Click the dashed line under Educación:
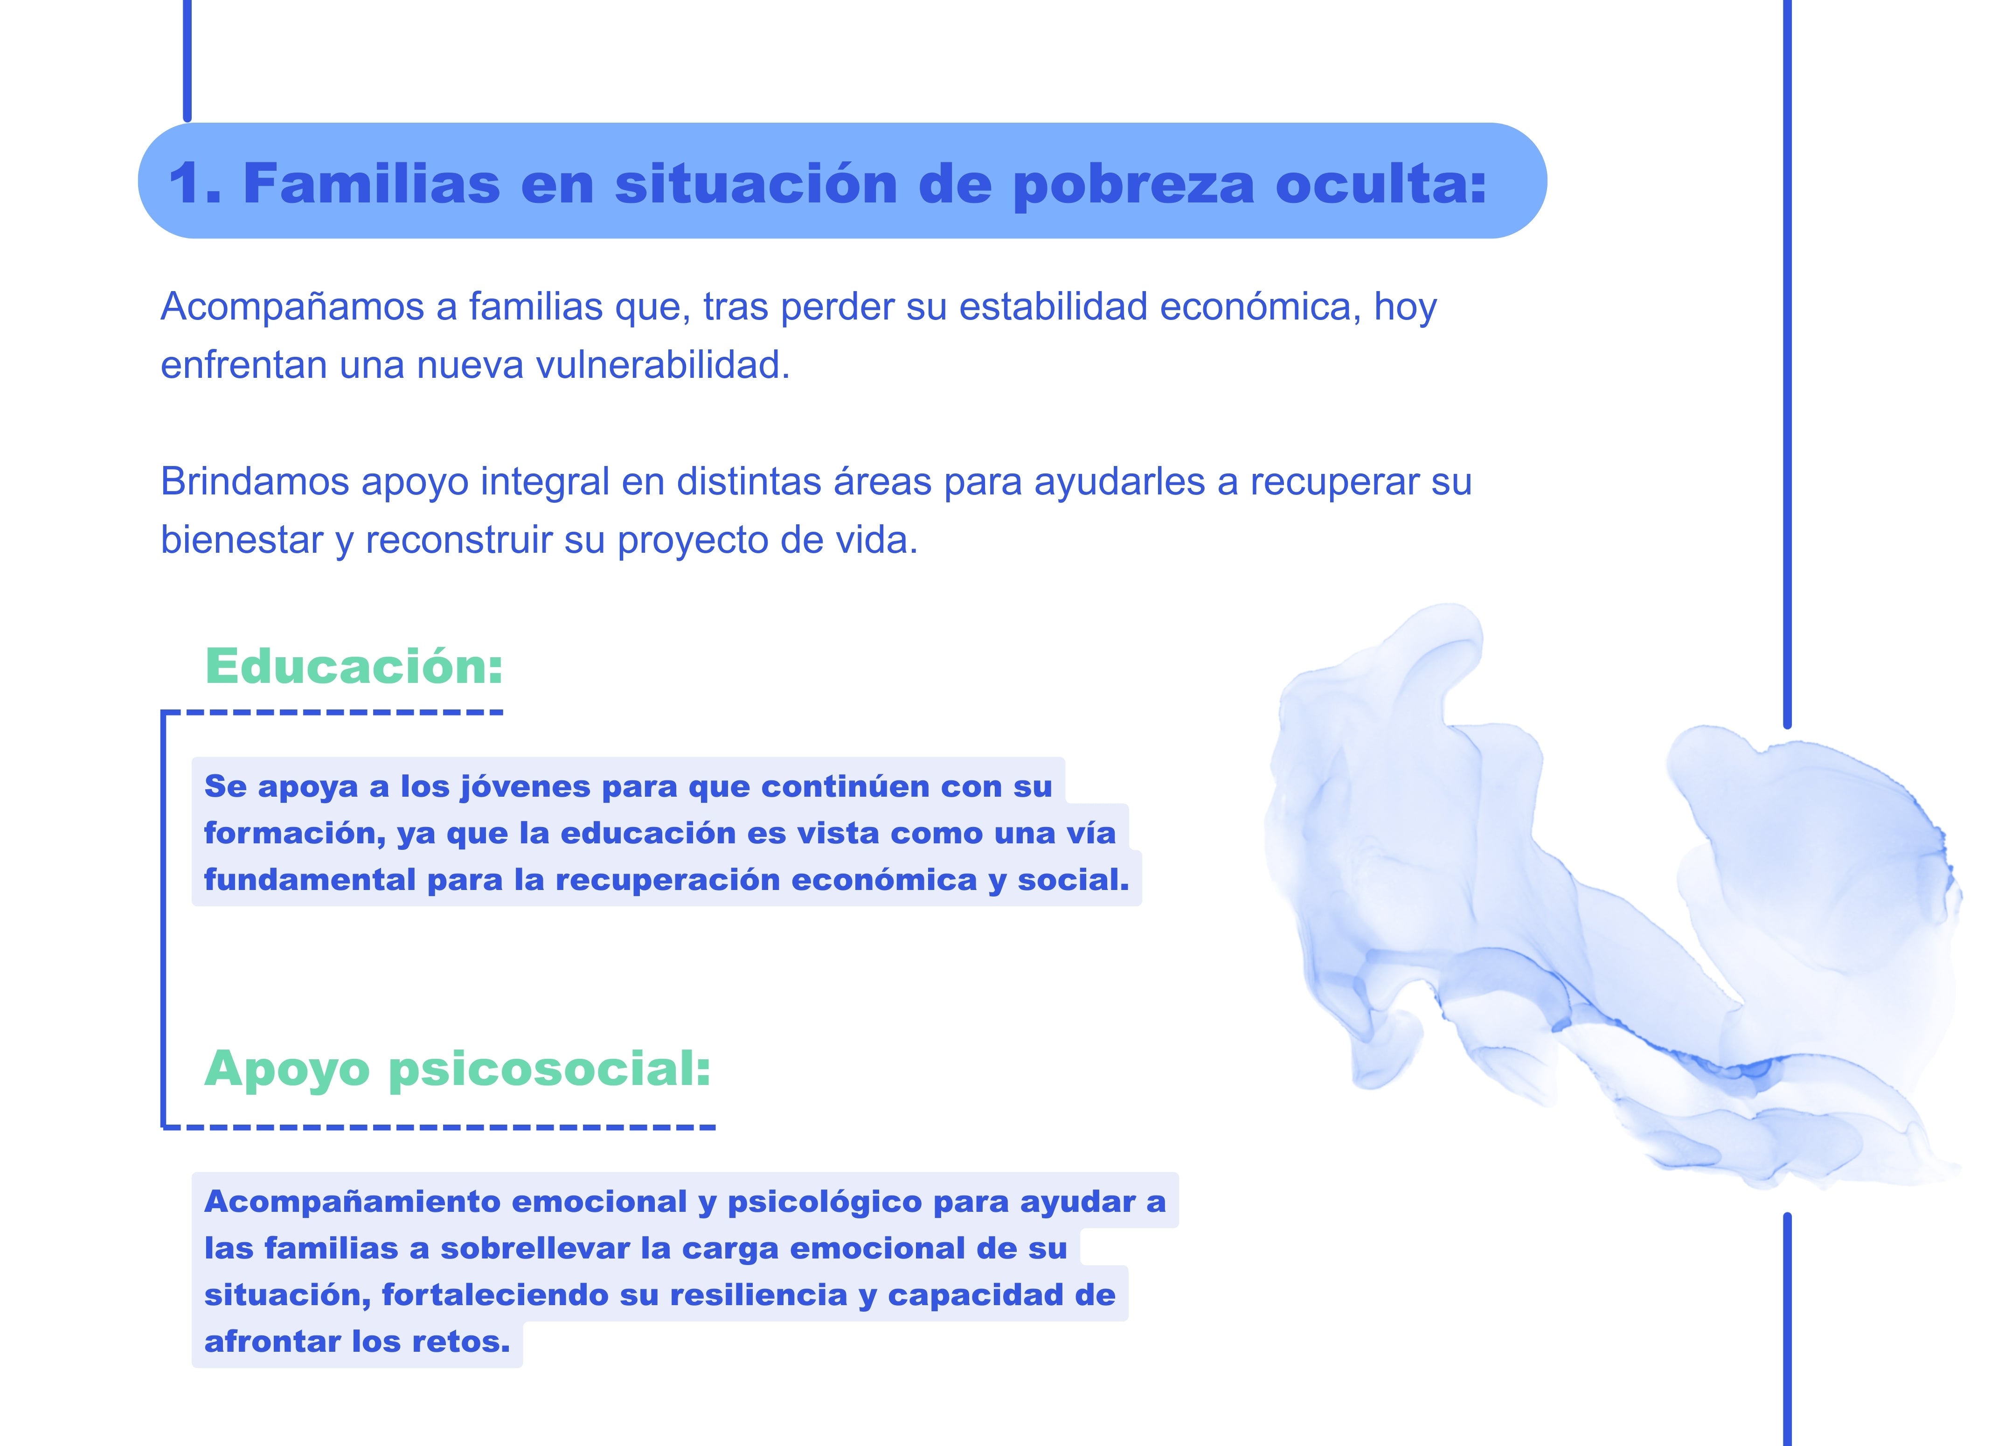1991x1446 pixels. (332, 712)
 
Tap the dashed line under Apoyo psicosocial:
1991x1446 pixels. (439, 1126)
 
